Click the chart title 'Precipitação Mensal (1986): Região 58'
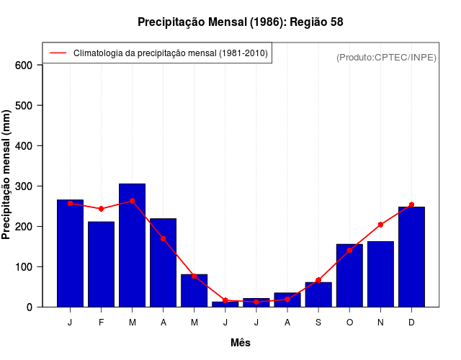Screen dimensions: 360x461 click(240, 22)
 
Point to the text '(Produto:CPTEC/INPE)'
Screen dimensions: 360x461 click(386, 58)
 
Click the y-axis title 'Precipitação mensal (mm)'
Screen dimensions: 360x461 click(7, 175)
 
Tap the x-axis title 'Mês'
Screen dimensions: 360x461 click(241, 343)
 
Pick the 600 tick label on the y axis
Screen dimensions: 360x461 click(24, 66)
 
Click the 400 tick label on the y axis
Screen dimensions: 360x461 click(24, 146)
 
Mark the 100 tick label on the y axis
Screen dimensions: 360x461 click(24, 267)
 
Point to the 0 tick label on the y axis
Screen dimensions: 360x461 click(30, 307)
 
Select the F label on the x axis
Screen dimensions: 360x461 click(102, 323)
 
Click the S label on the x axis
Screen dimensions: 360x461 click(318, 323)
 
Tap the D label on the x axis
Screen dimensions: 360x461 click(411, 323)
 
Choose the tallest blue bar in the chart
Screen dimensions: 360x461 click(133, 245)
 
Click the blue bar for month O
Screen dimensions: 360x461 click(349, 275)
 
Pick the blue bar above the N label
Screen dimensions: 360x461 click(380, 274)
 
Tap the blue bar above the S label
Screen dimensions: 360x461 click(318, 294)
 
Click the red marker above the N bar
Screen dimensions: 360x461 click(380, 225)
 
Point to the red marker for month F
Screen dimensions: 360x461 click(102, 209)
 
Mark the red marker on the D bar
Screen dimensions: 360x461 click(411, 205)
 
